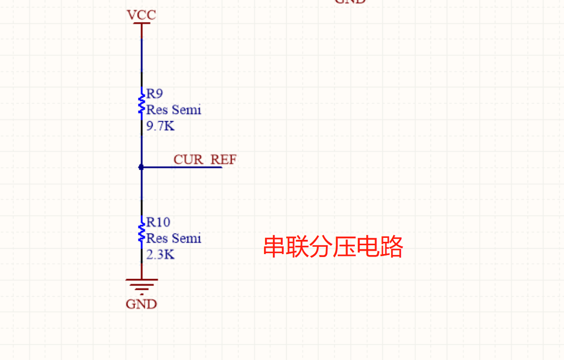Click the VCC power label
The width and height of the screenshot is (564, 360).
click(141, 15)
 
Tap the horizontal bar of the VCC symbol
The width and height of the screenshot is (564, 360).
click(141, 23)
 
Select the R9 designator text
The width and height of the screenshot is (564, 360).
click(155, 94)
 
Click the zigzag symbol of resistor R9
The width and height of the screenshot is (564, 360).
click(141, 103)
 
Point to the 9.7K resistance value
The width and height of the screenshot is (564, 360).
click(161, 126)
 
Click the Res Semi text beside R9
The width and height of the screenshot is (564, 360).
click(174, 110)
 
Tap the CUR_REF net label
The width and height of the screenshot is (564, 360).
click(205, 159)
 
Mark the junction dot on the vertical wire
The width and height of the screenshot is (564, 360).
click(141, 167)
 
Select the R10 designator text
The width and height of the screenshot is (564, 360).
click(158, 222)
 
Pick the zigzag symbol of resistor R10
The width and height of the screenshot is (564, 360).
click(141, 231)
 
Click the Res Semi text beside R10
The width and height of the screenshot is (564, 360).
click(174, 238)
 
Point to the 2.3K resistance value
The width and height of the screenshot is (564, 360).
click(161, 255)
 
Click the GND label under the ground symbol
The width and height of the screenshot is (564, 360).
click(141, 304)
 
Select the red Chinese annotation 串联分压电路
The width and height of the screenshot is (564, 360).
click(333, 247)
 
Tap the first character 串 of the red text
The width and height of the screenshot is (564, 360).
click(275, 247)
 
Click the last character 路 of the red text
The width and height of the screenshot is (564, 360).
click(391, 247)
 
